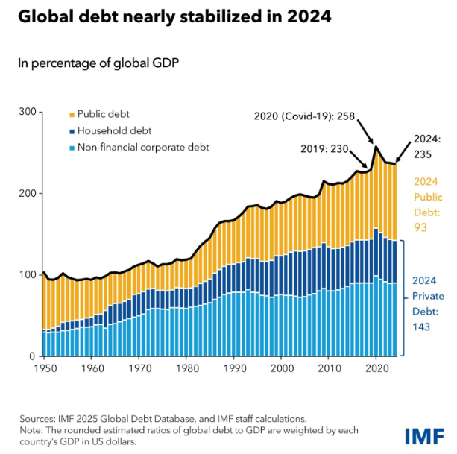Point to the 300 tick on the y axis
pos(27,112)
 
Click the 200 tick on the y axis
pos(27,193)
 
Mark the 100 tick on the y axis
pos(27,274)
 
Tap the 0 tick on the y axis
pos(32,356)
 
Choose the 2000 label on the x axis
pos(281,368)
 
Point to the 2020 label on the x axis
pos(376,368)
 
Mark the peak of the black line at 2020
pos(376,147)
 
